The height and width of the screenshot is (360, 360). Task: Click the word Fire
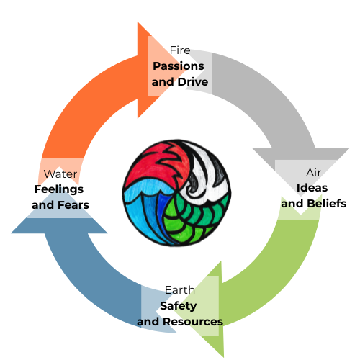[179, 50]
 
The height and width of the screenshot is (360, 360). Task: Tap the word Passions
[178, 66]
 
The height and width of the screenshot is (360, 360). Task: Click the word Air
[313, 172]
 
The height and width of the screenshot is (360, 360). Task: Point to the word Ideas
[312, 188]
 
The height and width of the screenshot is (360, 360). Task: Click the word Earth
[179, 289]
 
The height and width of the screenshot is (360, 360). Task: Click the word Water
[60, 174]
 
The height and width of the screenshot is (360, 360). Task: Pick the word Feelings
[59, 189]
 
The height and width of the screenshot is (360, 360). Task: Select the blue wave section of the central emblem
[148, 212]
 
